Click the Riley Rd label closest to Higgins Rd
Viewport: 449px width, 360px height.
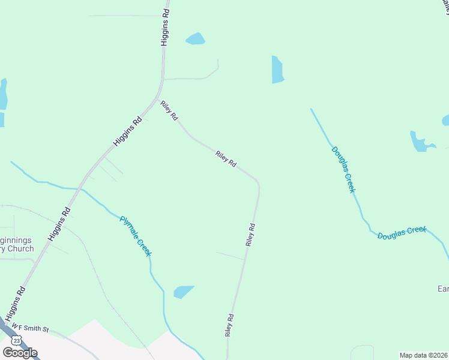pos(169,111)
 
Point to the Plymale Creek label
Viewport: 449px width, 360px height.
pos(135,236)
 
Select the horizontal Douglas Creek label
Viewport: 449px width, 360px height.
pos(402,233)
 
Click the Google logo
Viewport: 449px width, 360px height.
pos(20,353)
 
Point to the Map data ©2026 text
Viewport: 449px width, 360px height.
pos(423,355)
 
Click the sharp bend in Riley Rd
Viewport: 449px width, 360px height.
pos(258,182)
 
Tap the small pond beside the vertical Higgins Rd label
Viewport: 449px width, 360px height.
pos(195,39)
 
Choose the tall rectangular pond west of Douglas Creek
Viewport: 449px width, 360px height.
pos(277,70)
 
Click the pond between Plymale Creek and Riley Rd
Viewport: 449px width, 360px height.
pos(184,292)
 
